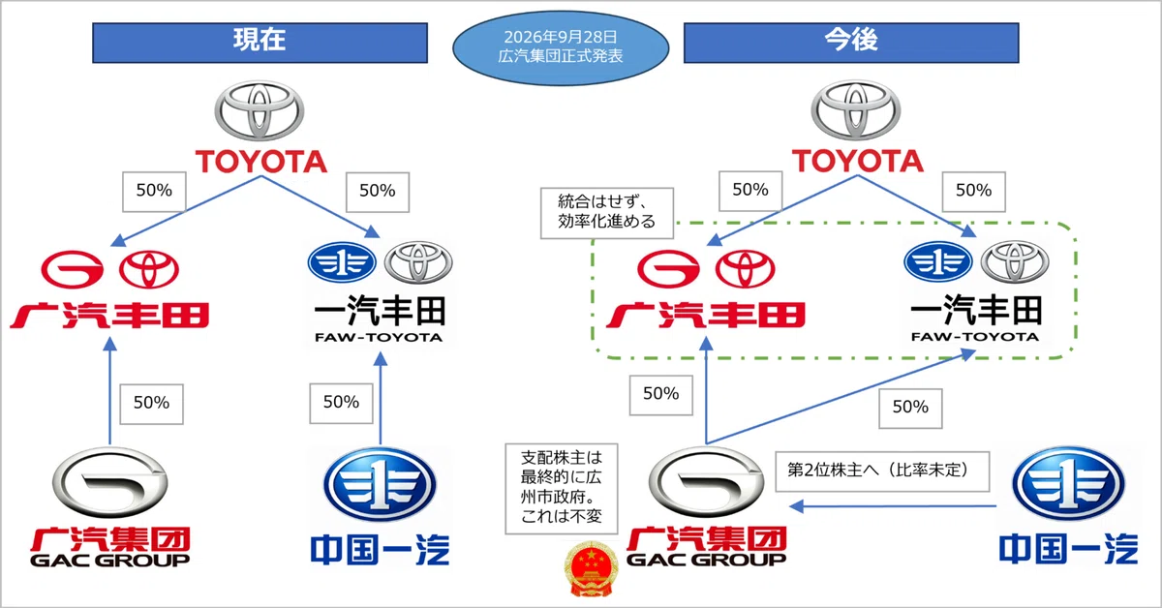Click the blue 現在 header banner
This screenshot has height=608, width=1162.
coord(260,43)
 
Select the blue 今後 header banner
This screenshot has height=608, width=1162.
coord(851,43)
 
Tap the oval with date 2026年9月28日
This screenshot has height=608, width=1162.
coord(561,47)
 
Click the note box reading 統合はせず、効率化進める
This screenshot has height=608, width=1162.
coord(607,213)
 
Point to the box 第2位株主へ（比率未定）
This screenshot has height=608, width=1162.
coord(882,471)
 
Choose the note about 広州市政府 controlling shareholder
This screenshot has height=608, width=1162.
coord(562,489)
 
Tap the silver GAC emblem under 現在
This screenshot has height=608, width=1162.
coord(110,482)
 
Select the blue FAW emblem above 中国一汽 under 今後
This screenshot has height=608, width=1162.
coord(1069,483)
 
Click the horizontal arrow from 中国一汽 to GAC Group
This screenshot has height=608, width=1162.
coord(893,506)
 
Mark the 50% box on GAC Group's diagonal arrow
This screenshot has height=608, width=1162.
coord(910,409)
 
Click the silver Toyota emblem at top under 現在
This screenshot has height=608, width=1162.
coord(260,110)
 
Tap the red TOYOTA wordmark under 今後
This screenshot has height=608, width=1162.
coord(858,161)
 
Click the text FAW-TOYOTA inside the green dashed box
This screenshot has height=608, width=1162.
coord(975,337)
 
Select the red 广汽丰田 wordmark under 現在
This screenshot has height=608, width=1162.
coord(109,316)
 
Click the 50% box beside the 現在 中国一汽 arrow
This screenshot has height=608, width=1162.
coord(341,403)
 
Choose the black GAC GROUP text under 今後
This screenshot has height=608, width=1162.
coord(707,560)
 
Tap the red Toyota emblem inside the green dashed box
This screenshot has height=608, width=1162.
coord(745,269)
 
